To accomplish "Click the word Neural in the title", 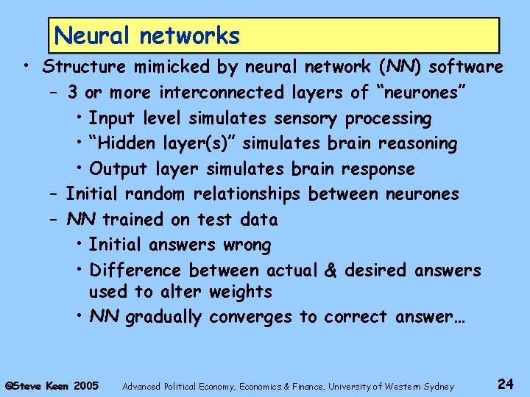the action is tap(90, 35).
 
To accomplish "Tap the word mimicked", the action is tap(174, 67).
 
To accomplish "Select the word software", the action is tap(466, 67).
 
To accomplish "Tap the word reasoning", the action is tap(414, 143).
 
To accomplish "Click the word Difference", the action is tap(137, 270).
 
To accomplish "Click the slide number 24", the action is tap(505, 384).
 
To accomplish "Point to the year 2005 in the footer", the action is tap(85, 385).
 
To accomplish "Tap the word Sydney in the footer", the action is tap(439, 386).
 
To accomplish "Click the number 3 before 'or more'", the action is tap(73, 93).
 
